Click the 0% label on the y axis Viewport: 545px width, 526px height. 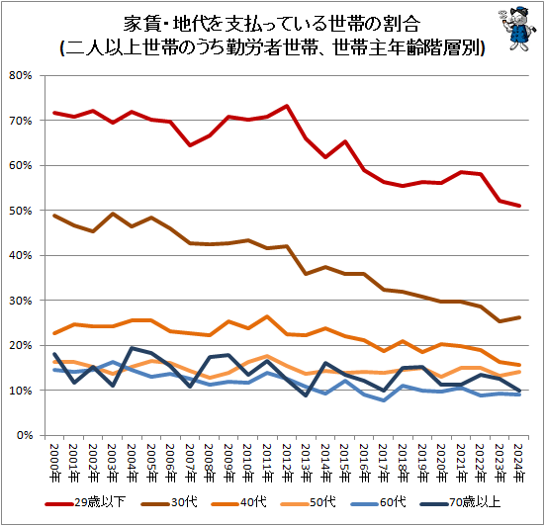pyautogui.click(x=26, y=435)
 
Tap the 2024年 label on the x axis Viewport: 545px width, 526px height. pyautogui.click(x=519, y=460)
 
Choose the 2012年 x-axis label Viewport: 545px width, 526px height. pyautogui.click(x=287, y=460)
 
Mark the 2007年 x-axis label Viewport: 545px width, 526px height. pyautogui.click(x=190, y=460)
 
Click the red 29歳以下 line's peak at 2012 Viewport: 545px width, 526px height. pyautogui.click(x=287, y=106)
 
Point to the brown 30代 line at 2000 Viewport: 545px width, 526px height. pyautogui.click(x=54, y=216)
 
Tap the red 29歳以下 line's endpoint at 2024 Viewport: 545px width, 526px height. pyautogui.click(x=519, y=206)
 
